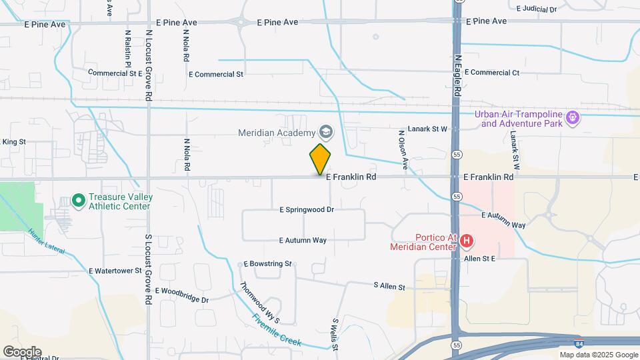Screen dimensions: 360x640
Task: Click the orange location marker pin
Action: tap(320, 159)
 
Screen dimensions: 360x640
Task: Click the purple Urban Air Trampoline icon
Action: tap(572, 119)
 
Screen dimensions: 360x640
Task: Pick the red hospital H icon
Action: tap(467, 241)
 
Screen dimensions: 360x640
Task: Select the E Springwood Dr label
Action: tap(307, 209)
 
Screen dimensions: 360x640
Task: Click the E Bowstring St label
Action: tap(268, 264)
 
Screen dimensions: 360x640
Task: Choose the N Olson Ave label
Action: tap(402, 151)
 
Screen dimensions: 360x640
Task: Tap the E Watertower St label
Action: tap(115, 271)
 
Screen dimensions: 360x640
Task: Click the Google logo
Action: tap(21, 351)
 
